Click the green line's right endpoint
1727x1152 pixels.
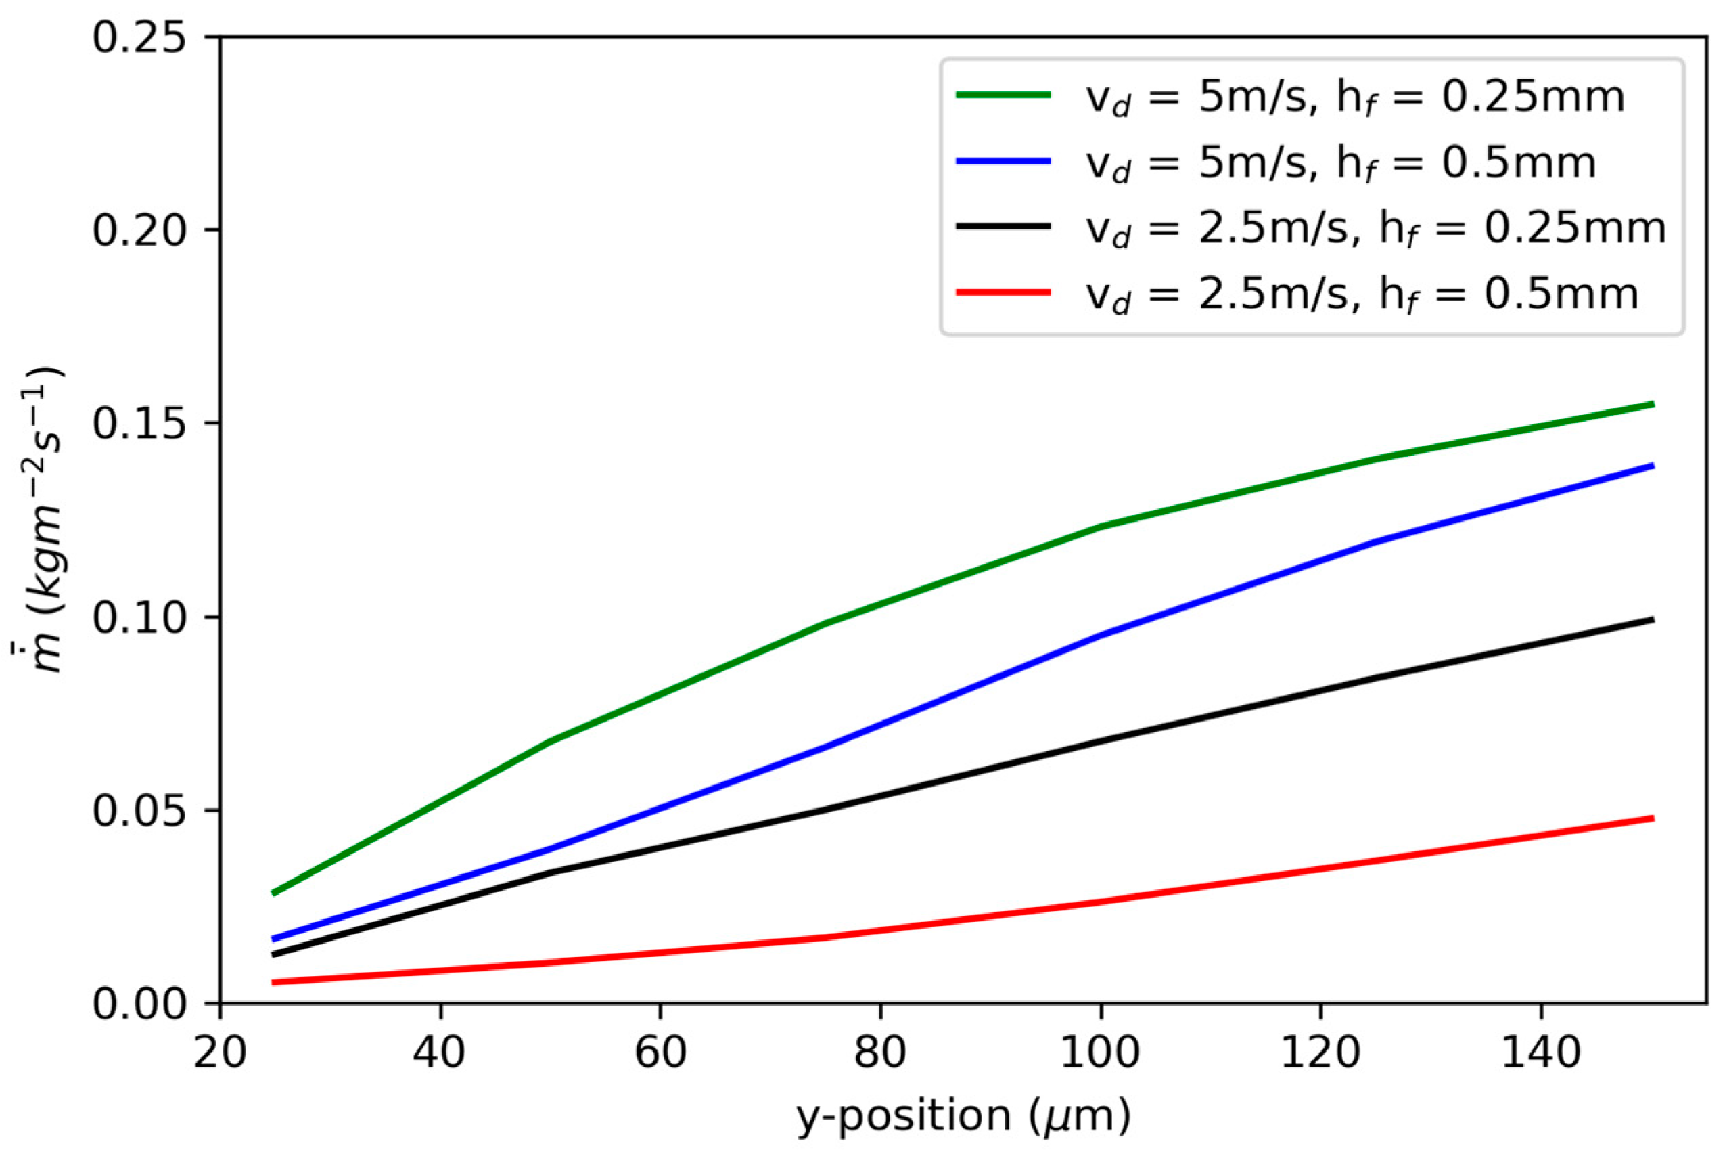coord(1652,404)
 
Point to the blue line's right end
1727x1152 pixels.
coord(1652,465)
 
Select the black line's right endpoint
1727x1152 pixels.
coord(1652,620)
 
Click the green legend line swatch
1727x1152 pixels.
coord(1003,95)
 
